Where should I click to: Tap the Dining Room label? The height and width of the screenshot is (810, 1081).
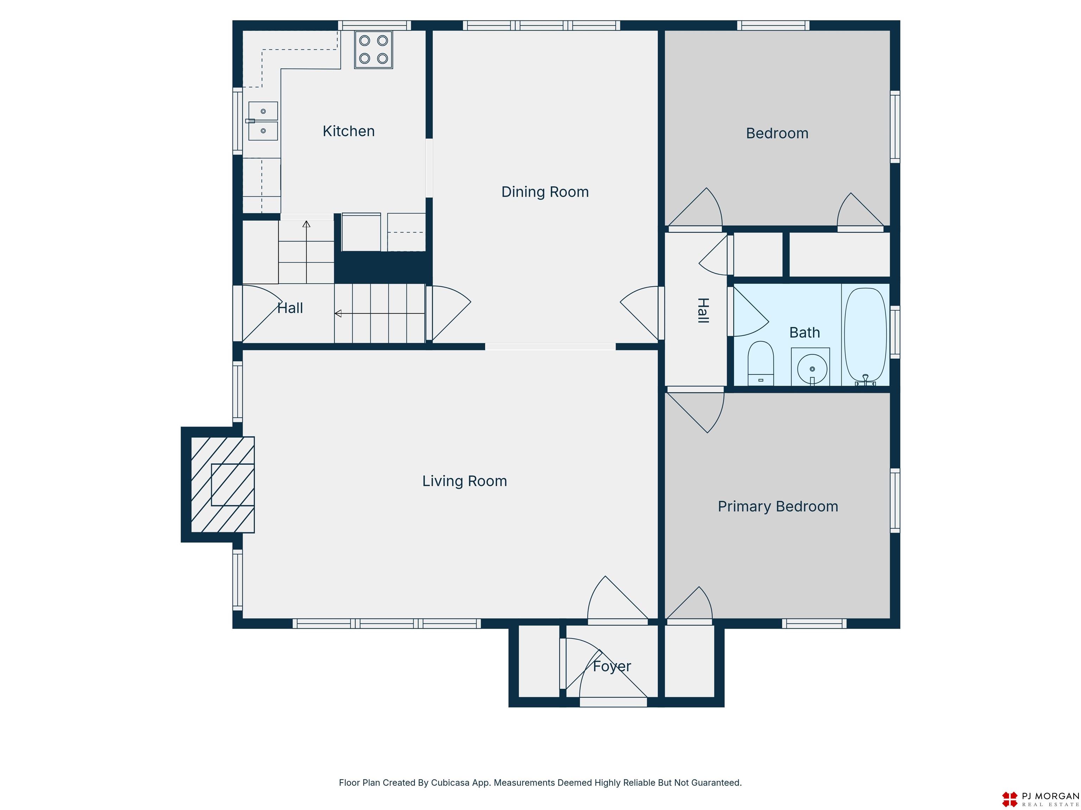click(545, 192)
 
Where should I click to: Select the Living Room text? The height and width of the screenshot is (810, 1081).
click(464, 481)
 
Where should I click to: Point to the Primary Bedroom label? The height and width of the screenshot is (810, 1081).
click(778, 506)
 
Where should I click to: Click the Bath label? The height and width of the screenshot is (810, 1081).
click(804, 333)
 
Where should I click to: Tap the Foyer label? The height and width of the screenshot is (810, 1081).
click(612, 667)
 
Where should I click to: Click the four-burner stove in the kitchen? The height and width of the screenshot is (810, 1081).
click(373, 49)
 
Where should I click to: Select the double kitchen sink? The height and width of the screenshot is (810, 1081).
click(263, 121)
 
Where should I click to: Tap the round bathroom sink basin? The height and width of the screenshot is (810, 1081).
click(812, 369)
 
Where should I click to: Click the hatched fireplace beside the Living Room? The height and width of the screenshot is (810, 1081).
click(222, 484)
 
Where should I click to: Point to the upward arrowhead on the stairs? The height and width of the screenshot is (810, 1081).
click(306, 224)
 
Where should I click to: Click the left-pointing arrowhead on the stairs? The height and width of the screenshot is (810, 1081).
click(338, 314)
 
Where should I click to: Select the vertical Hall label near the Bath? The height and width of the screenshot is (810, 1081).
click(703, 310)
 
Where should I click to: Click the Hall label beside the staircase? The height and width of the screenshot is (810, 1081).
click(290, 308)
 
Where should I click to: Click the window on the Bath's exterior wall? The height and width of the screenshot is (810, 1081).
click(895, 332)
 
